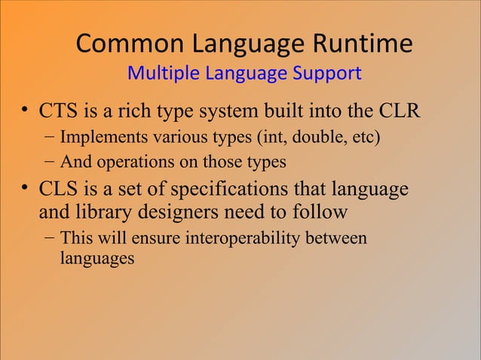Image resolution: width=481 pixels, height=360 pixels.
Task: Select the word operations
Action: (x=126, y=162)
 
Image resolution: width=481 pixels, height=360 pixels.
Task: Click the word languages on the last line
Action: (x=97, y=258)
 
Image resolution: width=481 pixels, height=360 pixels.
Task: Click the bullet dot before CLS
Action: (x=24, y=189)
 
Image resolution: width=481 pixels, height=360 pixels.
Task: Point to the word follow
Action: (x=317, y=212)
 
